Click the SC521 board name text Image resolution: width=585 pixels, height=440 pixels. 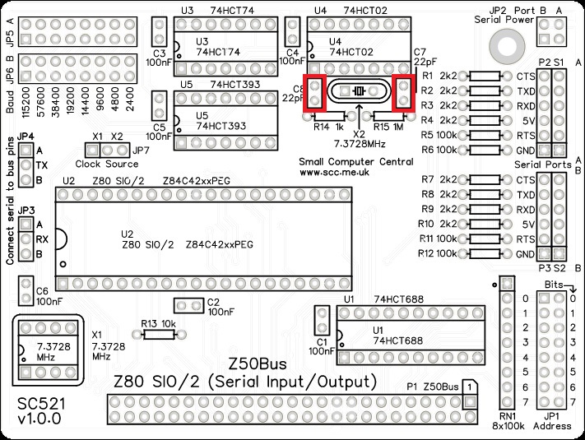click(38, 405)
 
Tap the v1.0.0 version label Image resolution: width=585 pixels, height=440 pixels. click(38, 420)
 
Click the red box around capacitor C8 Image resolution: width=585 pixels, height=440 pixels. click(315, 92)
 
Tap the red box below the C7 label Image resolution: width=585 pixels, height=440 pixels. click(405, 92)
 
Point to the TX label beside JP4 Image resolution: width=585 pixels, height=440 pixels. click(40, 164)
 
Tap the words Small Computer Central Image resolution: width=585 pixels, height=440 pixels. click(357, 162)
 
